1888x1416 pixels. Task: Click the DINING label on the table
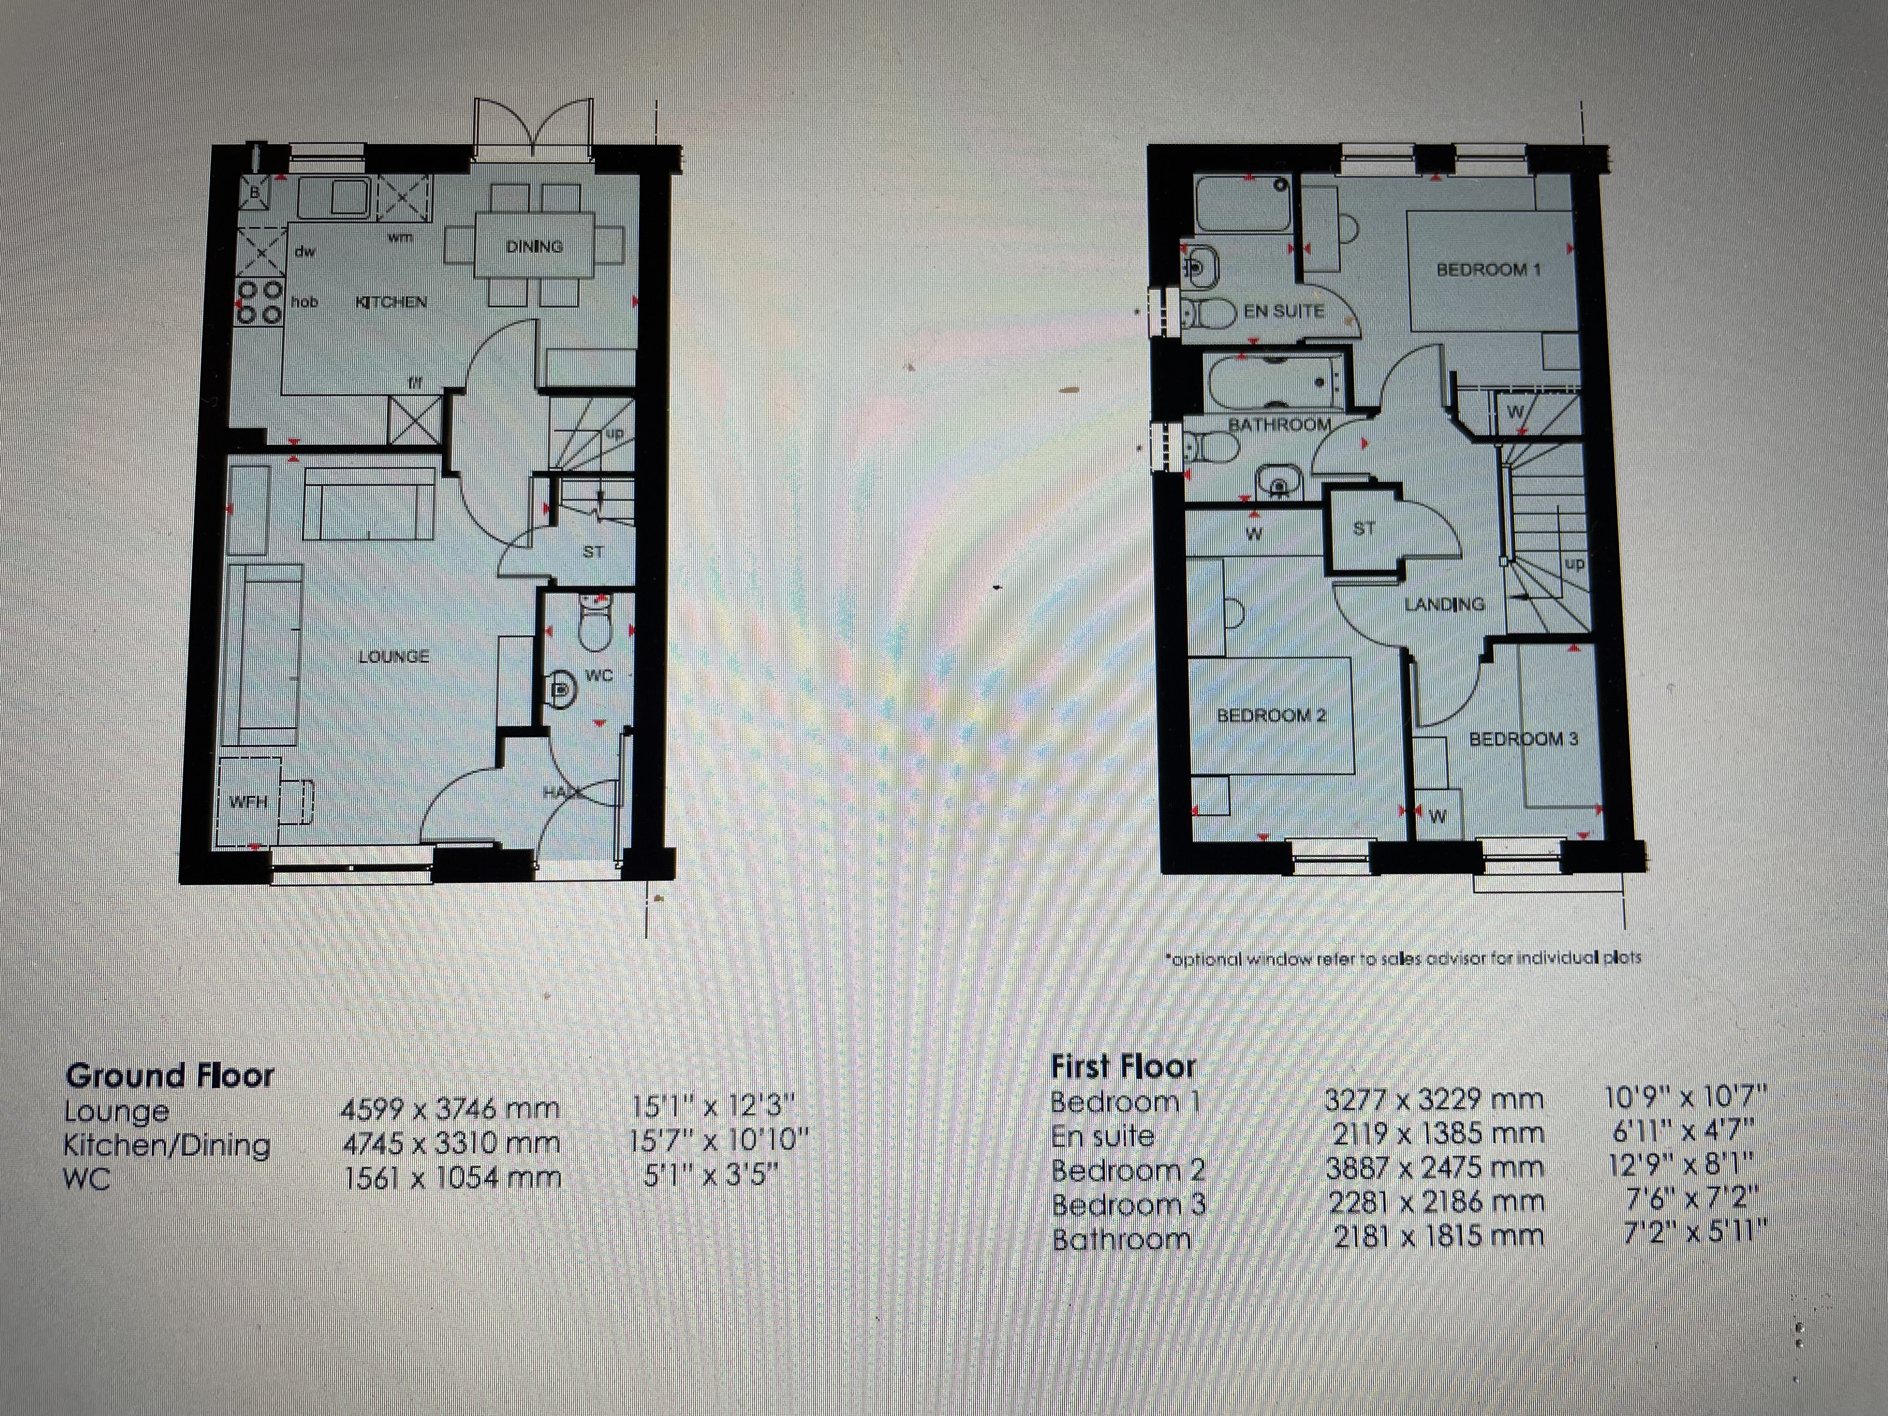click(x=534, y=247)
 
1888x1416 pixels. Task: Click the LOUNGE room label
click(x=393, y=656)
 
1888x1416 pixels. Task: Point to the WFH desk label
click(x=248, y=802)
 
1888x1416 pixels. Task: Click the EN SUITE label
click(x=1283, y=311)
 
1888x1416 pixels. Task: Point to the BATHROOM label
click(x=1279, y=424)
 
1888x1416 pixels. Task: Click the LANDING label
click(x=1444, y=605)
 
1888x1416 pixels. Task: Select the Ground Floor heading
click(x=170, y=1076)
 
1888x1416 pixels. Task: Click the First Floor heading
click(x=1122, y=1066)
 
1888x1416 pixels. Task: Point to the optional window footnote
click(x=1402, y=958)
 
